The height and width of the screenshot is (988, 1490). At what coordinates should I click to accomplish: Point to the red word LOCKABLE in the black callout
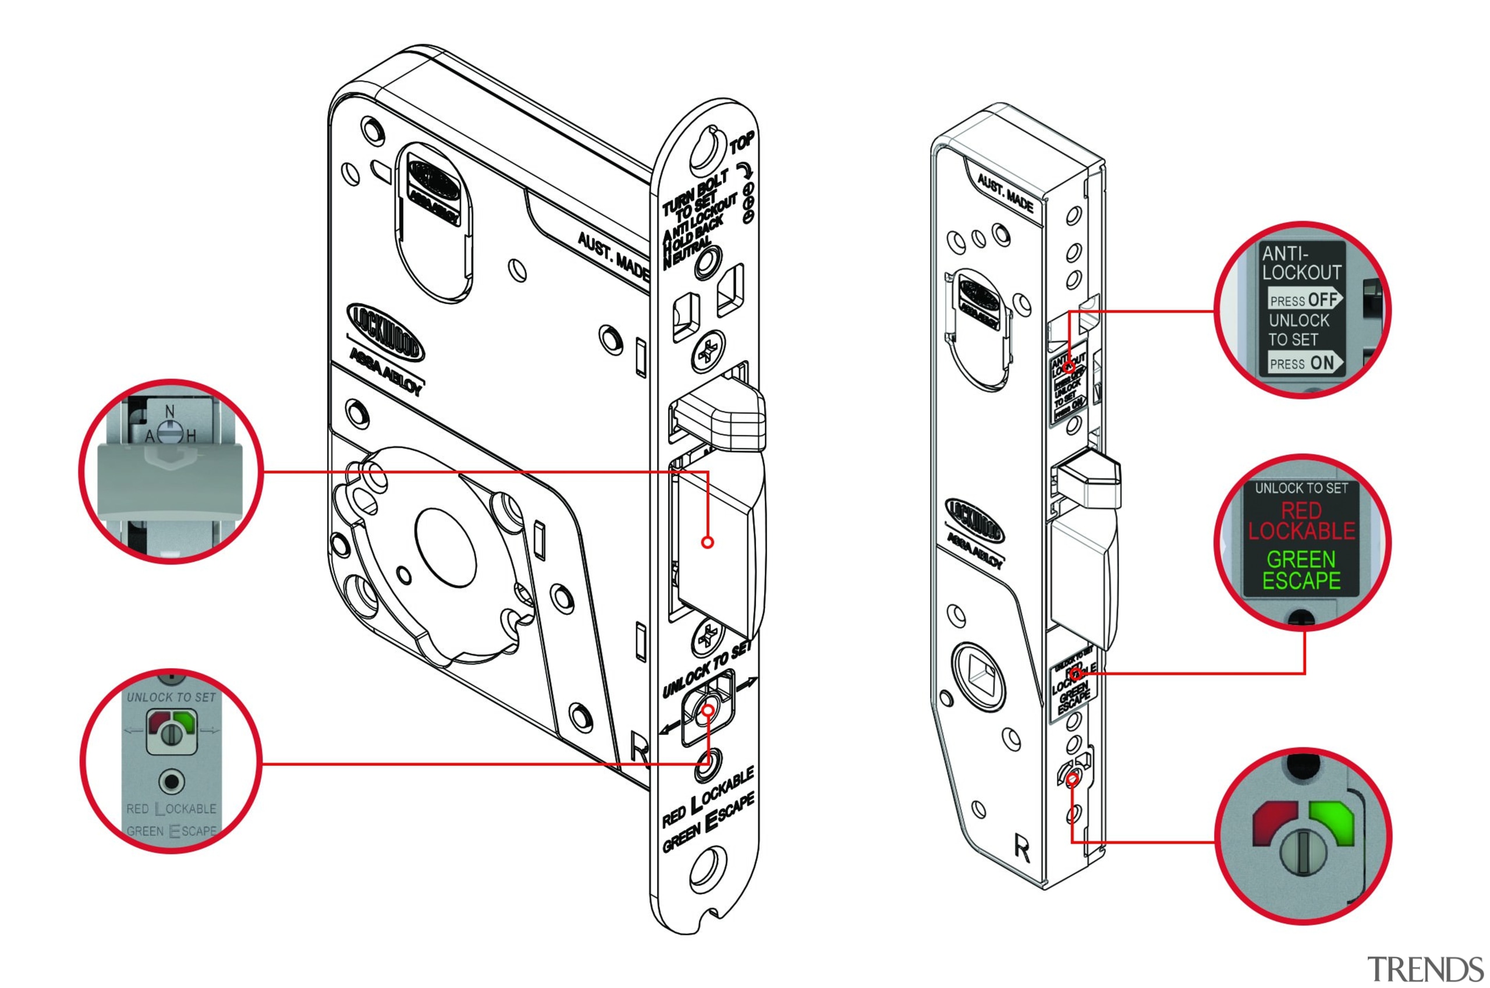(x=1301, y=531)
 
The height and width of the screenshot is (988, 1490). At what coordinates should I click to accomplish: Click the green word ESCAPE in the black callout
(x=1301, y=580)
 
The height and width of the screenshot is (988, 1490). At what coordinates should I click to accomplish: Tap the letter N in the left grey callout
(x=169, y=411)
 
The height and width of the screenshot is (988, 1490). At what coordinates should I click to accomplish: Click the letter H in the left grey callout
(x=191, y=435)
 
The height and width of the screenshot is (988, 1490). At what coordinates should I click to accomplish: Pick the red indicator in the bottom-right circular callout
(x=1272, y=821)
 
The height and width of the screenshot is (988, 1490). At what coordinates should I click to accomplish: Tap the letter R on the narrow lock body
(x=1022, y=848)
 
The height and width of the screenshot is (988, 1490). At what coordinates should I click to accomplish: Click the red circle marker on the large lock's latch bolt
(x=707, y=542)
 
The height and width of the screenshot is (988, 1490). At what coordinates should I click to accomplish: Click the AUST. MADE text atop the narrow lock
(x=1005, y=194)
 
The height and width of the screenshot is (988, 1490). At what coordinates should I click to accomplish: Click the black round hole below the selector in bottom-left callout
(x=171, y=782)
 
